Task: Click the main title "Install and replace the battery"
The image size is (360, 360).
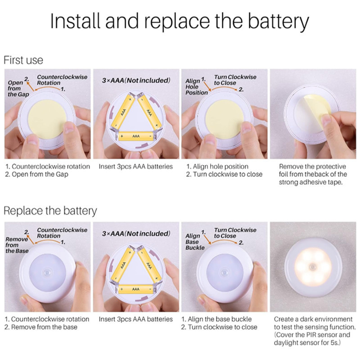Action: pos(180,21)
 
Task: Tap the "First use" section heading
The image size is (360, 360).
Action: pos(23,60)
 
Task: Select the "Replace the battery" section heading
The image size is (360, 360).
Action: pos(50,211)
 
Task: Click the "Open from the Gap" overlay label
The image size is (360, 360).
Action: pos(18,88)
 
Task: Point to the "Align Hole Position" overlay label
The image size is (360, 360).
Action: pos(196,87)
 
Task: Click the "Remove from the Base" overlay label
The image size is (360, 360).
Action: pos(17,245)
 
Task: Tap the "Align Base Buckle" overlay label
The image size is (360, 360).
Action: pos(195,242)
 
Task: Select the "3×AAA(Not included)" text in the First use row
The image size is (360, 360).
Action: pos(136,81)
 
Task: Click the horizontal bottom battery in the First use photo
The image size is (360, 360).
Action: pos(136,136)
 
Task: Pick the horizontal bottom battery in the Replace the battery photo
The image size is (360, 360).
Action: pos(135,289)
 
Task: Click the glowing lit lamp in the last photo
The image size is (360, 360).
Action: pos(313,267)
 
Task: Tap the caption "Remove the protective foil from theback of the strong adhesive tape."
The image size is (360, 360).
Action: pos(313,174)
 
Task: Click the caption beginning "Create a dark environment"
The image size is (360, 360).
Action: pos(315,331)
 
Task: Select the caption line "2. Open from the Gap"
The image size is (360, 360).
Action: pos(36,174)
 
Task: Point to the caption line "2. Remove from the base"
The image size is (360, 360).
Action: pos(40,327)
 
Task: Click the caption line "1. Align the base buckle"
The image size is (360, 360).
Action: pos(216,319)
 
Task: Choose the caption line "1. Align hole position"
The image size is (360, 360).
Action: pos(217,166)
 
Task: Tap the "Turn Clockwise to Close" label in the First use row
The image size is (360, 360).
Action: pos(235,80)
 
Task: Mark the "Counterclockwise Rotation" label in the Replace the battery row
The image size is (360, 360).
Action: pos(62,233)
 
